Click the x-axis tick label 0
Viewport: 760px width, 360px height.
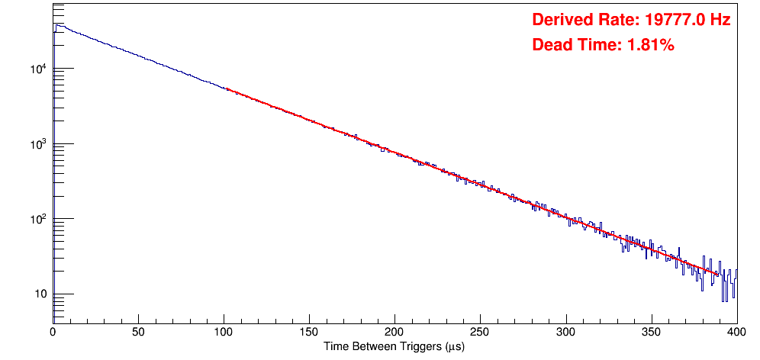tap(53, 332)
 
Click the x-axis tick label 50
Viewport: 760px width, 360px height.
tap(138, 332)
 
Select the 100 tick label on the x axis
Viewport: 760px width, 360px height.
tap(224, 332)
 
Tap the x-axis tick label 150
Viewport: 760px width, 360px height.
tap(309, 332)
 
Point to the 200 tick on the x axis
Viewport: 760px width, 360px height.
tap(394, 332)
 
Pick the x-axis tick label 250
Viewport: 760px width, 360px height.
tap(480, 332)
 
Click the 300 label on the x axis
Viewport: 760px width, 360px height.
tap(565, 332)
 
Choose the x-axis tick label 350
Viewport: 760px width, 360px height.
tap(651, 332)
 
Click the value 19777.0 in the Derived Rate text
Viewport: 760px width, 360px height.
tap(671, 20)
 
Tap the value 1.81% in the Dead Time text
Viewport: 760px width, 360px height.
tap(650, 45)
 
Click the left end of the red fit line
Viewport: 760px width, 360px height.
tap(227, 89)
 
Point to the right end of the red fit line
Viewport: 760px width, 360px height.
tap(718, 274)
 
